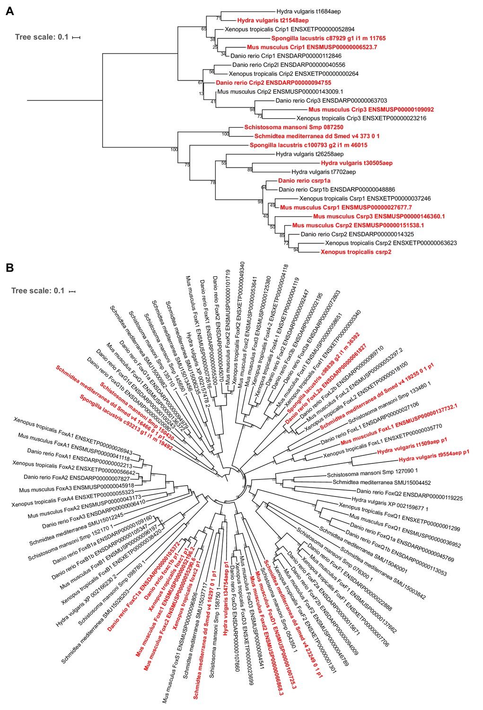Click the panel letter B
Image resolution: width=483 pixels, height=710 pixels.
pyautogui.click(x=9, y=268)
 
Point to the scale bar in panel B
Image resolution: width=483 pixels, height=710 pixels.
pyautogui.click(x=72, y=291)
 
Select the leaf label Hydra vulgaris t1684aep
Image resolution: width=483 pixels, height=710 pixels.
pyautogui.click(x=308, y=11)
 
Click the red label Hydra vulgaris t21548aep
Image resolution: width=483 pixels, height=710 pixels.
pyautogui.click(x=273, y=20)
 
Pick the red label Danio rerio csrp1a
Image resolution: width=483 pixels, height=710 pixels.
pyautogui.click(x=304, y=181)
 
